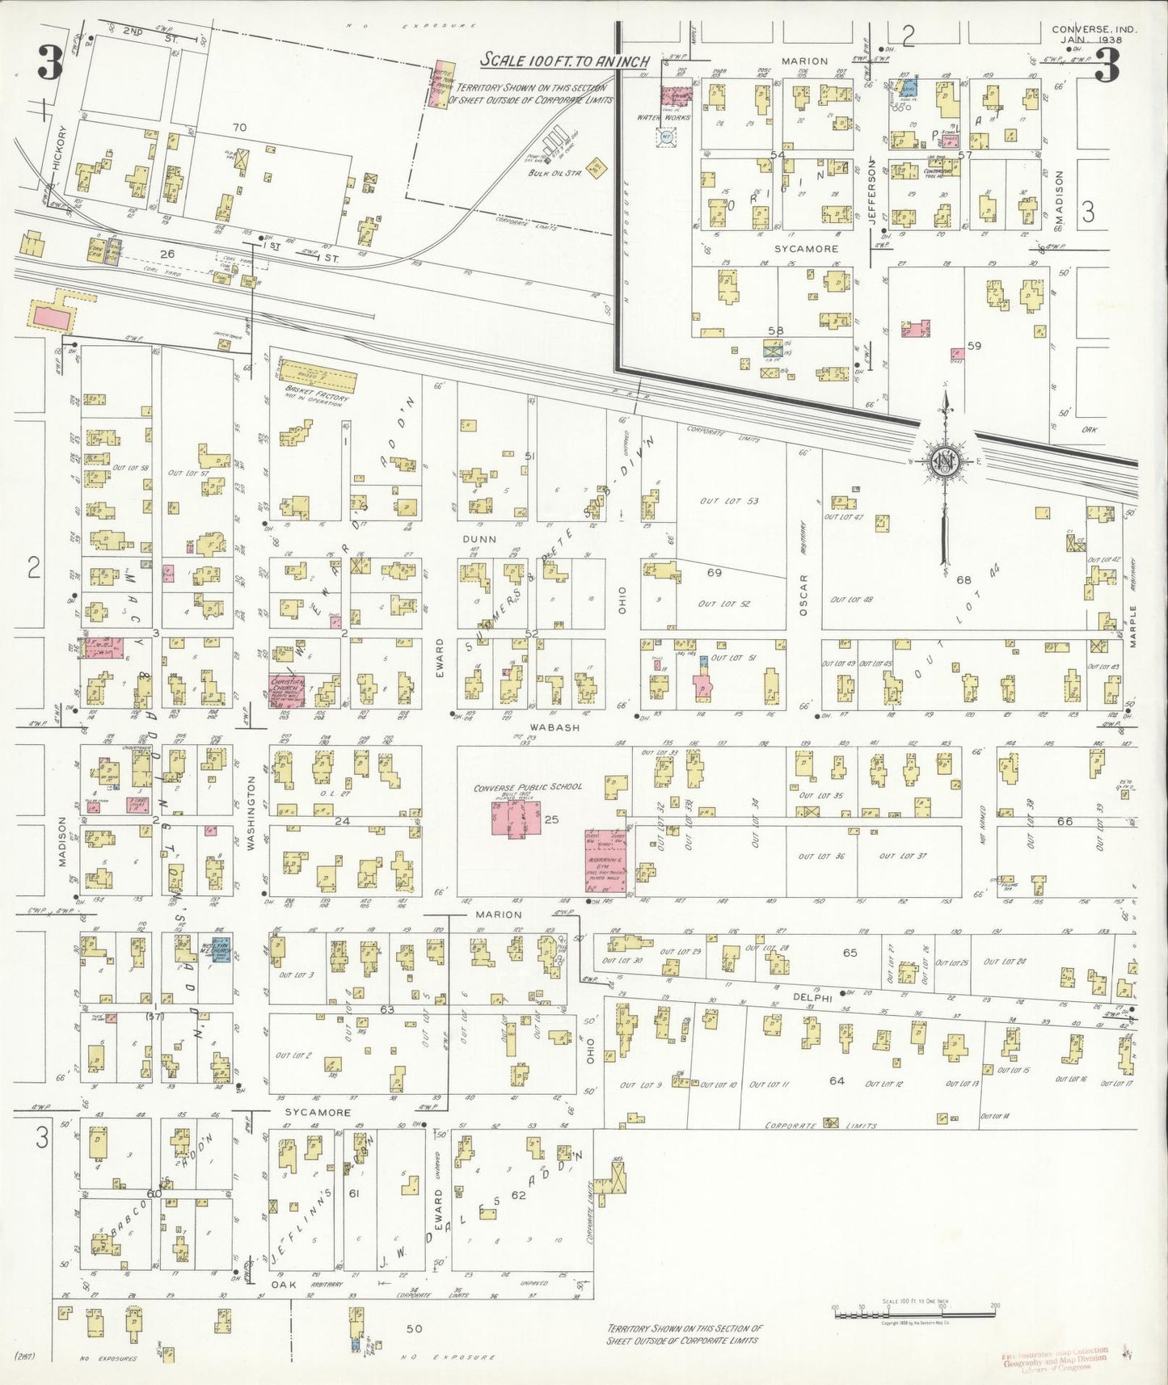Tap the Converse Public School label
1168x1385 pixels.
pyautogui.click(x=527, y=787)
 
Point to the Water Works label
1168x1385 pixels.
pyautogui.click(x=664, y=117)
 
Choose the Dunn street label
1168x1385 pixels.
pyautogui.click(x=479, y=538)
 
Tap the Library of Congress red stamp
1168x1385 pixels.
pyautogui.click(x=1055, y=1361)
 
